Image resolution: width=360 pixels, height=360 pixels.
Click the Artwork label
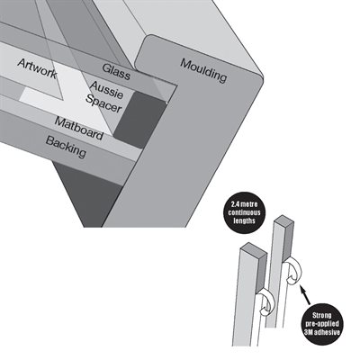37,68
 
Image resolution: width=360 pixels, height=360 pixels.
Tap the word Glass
116,72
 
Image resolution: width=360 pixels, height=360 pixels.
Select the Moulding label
203,70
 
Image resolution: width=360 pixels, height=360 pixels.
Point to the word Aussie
106,90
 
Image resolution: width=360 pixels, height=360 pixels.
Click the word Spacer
103,103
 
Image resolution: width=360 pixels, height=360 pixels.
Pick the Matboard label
79,129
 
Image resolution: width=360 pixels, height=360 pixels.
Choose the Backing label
66,147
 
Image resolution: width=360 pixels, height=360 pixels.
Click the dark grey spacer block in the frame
139,120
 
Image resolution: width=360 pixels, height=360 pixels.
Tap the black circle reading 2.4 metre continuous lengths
244,213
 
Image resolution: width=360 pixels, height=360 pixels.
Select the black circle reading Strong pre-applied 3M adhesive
321,324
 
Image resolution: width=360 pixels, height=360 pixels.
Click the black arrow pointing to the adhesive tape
305,296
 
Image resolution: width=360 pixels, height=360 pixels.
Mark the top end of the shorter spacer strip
254,248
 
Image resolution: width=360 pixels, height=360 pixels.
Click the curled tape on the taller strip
295,272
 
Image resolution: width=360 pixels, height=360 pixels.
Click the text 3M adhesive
321,332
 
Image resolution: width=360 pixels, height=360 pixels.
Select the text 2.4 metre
244,205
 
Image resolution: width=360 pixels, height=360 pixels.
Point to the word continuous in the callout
244,213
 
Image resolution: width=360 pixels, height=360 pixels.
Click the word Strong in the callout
322,316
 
